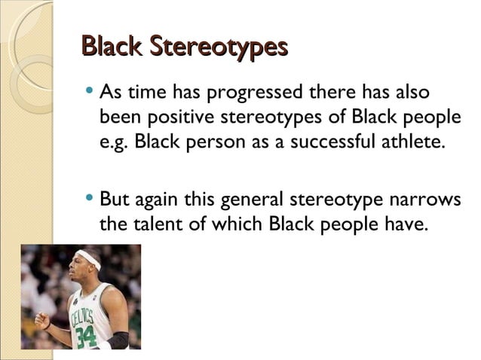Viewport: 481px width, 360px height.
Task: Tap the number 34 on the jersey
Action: [85, 335]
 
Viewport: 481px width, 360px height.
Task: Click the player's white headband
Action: [90, 260]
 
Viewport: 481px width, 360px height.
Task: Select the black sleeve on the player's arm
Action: [118, 340]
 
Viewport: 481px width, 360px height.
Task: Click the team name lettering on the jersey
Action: [81, 315]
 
